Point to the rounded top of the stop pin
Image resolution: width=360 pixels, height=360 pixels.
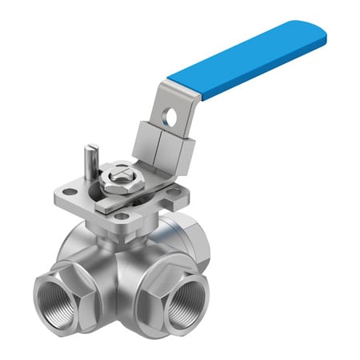click(93, 147)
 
